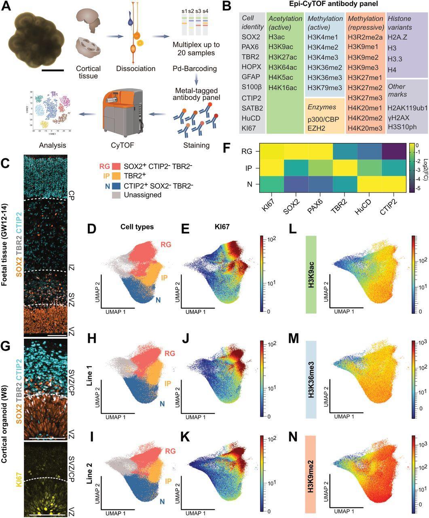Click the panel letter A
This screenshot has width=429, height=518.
(x=7, y=7)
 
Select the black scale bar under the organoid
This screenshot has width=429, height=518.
(x=53, y=70)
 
